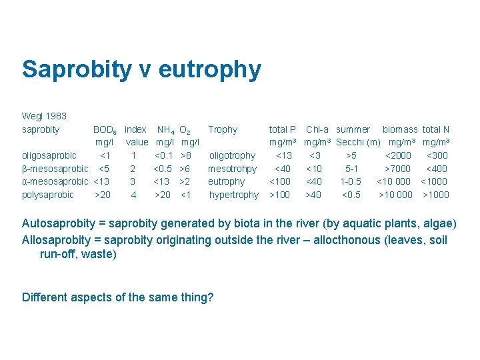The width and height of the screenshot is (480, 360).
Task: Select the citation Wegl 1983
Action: (44, 116)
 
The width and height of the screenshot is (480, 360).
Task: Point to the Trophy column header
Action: (223, 129)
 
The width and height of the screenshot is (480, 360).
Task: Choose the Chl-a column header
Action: (317, 129)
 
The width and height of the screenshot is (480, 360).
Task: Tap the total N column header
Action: (436, 129)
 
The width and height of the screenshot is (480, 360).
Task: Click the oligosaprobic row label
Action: (49, 155)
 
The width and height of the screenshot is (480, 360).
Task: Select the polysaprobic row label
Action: (48, 195)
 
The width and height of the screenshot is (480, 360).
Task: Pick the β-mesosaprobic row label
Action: (55, 169)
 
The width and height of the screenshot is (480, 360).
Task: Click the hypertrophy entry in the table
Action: (233, 195)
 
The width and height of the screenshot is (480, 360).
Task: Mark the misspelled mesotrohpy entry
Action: (232, 169)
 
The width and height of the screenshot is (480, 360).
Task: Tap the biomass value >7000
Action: (397, 169)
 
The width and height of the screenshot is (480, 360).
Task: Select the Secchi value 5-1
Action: (351, 169)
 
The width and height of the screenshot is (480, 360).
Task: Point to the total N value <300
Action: (437, 155)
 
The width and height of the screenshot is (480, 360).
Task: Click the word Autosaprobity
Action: (61, 223)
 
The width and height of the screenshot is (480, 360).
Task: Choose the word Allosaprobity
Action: (60, 240)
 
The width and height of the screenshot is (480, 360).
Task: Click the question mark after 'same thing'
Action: (211, 297)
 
